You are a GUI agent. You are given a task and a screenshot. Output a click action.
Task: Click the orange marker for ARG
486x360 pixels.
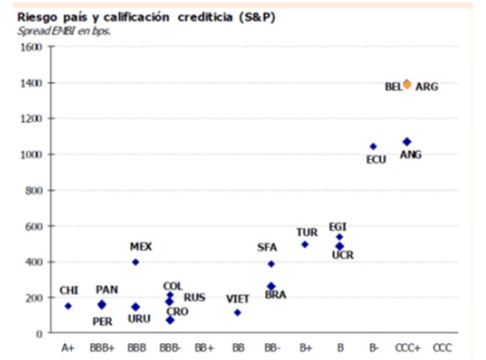pos(407,84)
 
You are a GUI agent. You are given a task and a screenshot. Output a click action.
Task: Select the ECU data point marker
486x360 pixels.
pos(373,146)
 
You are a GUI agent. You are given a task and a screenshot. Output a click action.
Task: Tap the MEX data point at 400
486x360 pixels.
pos(135,262)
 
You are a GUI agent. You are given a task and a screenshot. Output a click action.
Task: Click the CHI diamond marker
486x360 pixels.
pos(68,306)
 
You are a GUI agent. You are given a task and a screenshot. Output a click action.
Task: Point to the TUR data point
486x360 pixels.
pos(305,245)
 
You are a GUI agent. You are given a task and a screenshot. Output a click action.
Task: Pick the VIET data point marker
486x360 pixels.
pos(238,313)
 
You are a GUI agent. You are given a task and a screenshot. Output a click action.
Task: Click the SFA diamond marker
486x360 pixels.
pos(271,264)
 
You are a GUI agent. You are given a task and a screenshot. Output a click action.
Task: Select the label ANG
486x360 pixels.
pos(411,155)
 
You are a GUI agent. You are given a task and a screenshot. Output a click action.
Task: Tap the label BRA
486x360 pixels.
pos(275,295)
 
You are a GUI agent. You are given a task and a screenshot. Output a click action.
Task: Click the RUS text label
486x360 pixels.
pos(194,297)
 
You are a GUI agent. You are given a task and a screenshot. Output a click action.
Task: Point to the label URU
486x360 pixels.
pos(139,319)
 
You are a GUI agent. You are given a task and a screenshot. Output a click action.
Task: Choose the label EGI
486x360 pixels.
pos(338,226)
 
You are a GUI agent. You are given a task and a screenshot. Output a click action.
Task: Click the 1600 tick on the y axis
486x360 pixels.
pos(30,47)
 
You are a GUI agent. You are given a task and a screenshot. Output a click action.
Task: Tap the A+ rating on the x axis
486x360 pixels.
pos(68,348)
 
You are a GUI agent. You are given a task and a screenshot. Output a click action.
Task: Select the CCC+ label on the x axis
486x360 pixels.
pos(407,348)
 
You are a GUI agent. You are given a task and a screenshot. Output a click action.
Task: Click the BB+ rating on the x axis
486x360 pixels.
pos(204,348)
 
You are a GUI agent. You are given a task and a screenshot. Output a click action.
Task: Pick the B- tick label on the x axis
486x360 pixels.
pos(374,348)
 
